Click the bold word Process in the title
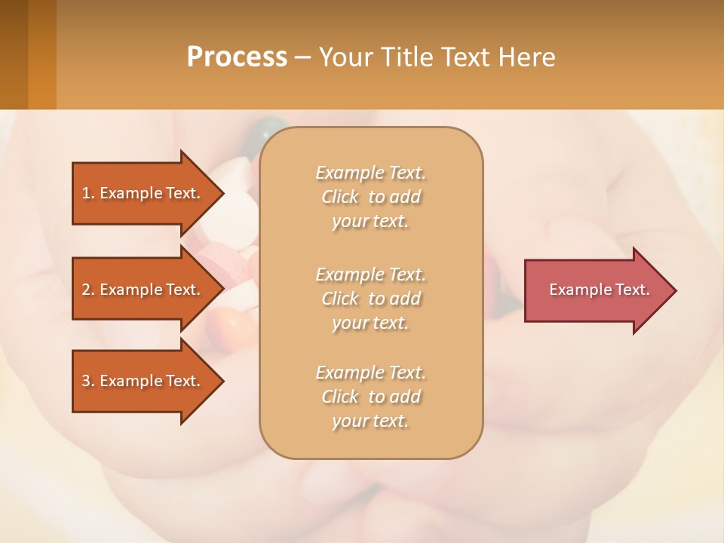[x=237, y=57]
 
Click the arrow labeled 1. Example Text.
[x=143, y=193]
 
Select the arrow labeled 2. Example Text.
[x=143, y=290]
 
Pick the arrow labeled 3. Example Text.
[x=143, y=381]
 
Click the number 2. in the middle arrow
[x=88, y=290]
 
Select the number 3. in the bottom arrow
[x=88, y=381]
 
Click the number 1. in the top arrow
[x=88, y=193]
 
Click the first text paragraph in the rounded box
[x=370, y=197]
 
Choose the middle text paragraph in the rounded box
[x=370, y=299]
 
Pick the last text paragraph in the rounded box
[x=370, y=397]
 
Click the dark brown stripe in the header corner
[x=14, y=54]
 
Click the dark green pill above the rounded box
[x=264, y=129]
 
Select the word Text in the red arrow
[x=633, y=290]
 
